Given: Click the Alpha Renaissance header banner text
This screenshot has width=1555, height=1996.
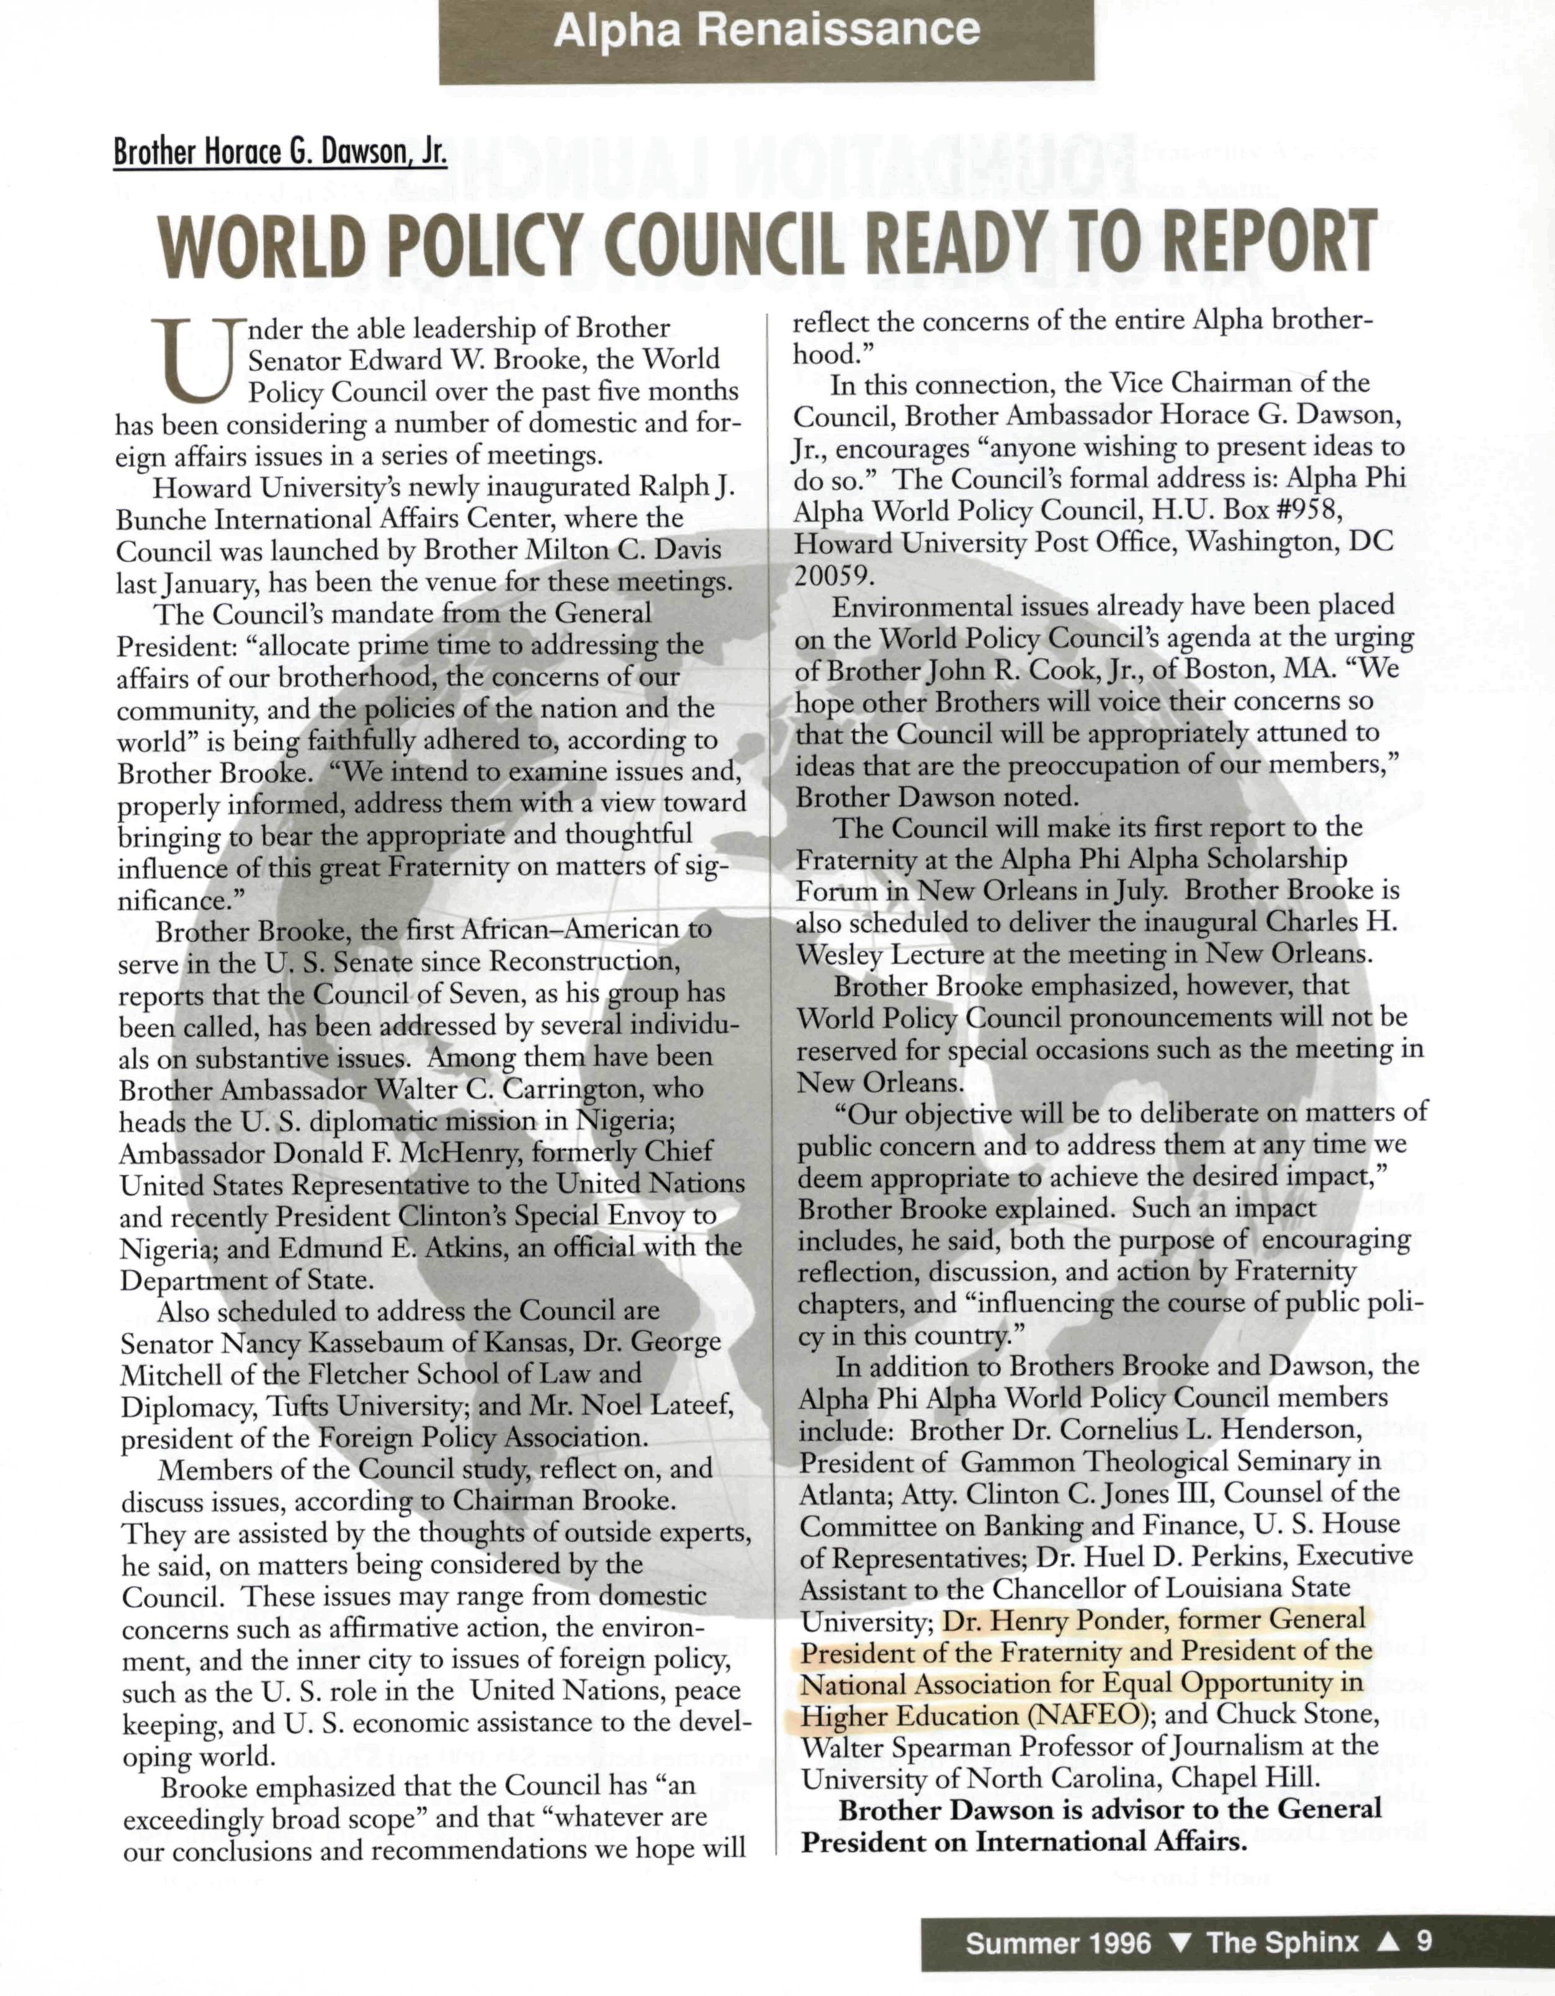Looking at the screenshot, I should click(x=766, y=30).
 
